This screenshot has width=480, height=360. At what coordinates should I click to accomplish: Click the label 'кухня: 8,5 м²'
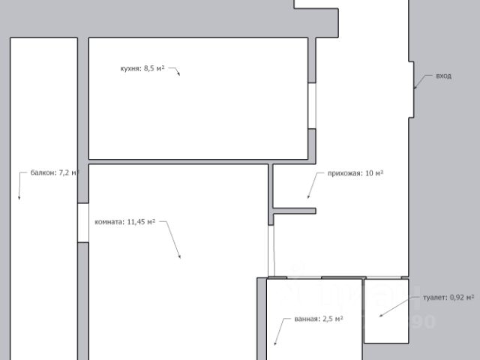pos(142,68)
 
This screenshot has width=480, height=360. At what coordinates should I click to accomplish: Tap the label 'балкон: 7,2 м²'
pos(55,172)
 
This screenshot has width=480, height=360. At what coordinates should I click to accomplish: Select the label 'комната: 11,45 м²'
pos(125,222)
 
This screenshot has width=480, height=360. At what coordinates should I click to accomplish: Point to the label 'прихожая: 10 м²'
pos(355,173)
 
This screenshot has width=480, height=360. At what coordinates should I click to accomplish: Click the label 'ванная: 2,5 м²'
pos(319,319)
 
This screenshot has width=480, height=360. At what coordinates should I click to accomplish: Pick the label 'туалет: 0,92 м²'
pos(448,298)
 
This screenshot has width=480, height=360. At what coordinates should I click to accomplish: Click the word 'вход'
pos(443,76)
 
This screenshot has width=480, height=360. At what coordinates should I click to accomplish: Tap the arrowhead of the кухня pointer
pos(178,73)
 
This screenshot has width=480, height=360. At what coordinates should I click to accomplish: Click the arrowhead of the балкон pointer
pos(19,197)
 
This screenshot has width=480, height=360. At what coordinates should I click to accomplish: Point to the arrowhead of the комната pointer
pos(180,256)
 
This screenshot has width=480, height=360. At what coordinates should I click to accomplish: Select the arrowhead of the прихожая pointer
pos(308,196)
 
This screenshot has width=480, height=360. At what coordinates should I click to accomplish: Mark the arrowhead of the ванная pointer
pos(275,343)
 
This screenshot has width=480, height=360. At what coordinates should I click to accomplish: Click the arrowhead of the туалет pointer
pos(381,315)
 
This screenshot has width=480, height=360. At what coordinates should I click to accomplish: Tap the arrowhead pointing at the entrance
pos(415,87)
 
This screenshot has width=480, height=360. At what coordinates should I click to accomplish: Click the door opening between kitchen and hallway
pos(312,106)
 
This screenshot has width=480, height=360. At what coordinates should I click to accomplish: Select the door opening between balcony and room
pos(83,223)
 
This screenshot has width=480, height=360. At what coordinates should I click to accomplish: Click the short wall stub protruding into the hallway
pos(295,211)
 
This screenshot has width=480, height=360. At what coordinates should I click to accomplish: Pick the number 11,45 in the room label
pos(136,222)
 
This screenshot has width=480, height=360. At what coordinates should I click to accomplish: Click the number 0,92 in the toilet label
pos(455,298)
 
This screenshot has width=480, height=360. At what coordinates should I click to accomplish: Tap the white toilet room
pos(386,311)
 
